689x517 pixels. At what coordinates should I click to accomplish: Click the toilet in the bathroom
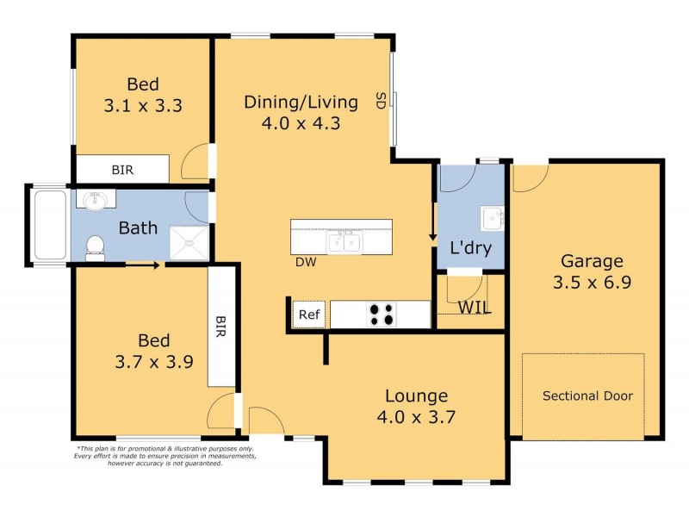[x=95, y=247]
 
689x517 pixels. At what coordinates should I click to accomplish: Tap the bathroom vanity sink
[x=95, y=201]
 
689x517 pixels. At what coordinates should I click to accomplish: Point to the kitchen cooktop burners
[x=382, y=315]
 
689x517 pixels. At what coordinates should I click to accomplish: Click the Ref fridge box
[x=308, y=315]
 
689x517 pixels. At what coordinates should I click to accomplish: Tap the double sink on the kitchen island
[x=345, y=242]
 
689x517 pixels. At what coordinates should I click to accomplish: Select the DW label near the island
[x=305, y=263]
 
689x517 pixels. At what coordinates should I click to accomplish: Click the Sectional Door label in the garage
[x=587, y=396]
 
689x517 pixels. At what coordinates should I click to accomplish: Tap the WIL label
[x=475, y=308]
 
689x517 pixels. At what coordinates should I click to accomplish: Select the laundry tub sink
[x=493, y=218]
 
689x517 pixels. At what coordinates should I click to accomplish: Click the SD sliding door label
[x=379, y=101]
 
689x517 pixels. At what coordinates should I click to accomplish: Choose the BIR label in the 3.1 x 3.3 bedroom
[x=123, y=170]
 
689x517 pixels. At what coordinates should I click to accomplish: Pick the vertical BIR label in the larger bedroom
[x=220, y=327]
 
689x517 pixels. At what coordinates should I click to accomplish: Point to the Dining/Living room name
[x=301, y=103]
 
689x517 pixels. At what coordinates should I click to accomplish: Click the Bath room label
[x=138, y=228]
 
